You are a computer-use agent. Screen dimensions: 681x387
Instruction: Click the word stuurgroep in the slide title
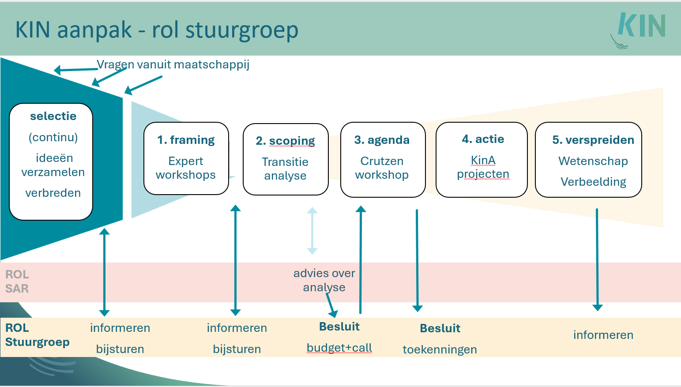click(x=242, y=31)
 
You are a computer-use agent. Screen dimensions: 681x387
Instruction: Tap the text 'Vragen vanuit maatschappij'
click(x=173, y=65)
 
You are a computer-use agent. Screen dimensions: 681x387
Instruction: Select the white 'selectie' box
click(x=51, y=162)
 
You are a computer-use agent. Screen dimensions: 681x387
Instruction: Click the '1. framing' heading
click(x=186, y=140)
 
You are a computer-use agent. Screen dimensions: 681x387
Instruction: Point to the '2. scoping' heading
click(x=285, y=141)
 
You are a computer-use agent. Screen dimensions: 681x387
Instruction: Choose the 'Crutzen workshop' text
click(x=382, y=168)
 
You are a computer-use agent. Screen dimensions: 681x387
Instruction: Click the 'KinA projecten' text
click(x=483, y=167)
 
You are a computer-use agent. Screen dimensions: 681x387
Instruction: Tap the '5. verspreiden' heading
click(x=593, y=140)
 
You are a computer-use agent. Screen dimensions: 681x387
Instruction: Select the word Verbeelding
click(x=593, y=182)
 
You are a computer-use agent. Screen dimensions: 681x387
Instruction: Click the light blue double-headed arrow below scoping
click(x=312, y=231)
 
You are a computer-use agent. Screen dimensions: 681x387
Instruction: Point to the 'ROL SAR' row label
click(x=17, y=282)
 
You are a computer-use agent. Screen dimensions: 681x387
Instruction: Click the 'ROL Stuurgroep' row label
click(x=37, y=335)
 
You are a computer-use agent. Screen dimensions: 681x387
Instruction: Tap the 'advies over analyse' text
click(x=324, y=280)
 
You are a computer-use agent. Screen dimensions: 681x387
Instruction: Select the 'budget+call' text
click(x=339, y=348)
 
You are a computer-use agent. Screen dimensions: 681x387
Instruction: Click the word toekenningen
click(x=440, y=349)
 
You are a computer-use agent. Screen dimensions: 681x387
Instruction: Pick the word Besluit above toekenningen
click(x=440, y=328)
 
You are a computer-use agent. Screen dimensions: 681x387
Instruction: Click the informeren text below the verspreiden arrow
click(x=603, y=335)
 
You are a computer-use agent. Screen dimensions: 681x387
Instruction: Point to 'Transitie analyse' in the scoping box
click(x=285, y=169)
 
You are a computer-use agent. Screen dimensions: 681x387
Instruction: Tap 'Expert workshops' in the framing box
click(x=186, y=168)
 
